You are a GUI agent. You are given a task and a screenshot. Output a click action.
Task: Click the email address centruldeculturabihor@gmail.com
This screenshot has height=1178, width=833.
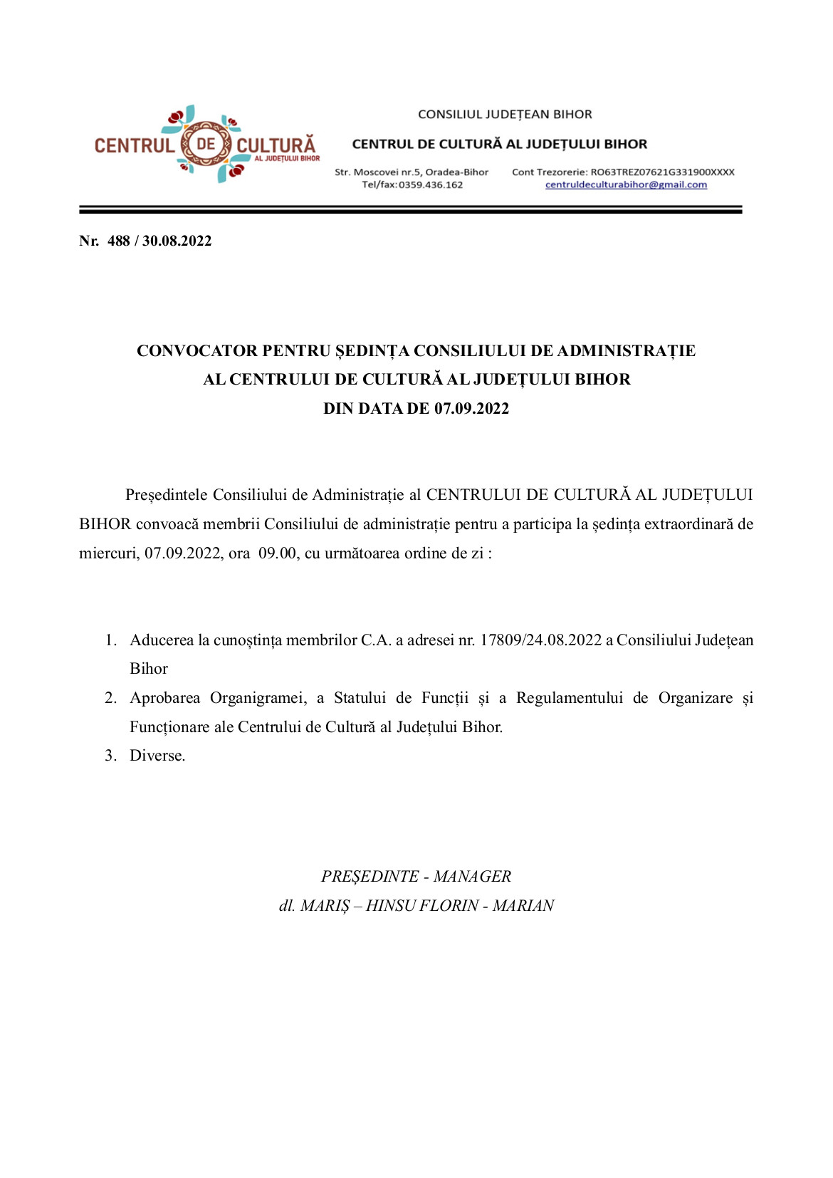click(x=626, y=185)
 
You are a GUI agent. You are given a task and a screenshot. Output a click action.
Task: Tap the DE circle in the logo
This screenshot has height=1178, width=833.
click(x=205, y=144)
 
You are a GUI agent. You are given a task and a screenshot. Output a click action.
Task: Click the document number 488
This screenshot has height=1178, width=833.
click(x=118, y=241)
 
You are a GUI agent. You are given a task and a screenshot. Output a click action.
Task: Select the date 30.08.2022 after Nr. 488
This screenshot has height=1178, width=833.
click(x=177, y=241)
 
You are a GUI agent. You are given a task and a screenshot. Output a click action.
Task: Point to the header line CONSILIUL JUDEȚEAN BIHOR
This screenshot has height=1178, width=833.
click(x=505, y=114)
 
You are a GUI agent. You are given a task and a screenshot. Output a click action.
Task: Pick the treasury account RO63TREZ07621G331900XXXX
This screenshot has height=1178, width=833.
click(x=662, y=172)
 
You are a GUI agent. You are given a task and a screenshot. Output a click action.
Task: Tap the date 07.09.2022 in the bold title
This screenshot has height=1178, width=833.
click(x=471, y=409)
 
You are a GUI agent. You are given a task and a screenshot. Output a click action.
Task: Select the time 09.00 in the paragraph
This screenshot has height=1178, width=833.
click(x=277, y=553)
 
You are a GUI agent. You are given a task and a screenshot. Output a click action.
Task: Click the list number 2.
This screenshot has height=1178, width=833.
click(x=110, y=698)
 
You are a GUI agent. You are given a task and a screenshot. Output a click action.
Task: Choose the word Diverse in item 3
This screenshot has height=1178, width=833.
click(x=157, y=756)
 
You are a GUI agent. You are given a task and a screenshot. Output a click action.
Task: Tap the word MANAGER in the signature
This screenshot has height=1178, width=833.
click(x=472, y=877)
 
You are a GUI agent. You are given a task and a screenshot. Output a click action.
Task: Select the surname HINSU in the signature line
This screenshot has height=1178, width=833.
click(x=391, y=906)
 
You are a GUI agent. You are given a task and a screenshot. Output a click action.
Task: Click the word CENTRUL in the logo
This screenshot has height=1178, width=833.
click(x=134, y=146)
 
